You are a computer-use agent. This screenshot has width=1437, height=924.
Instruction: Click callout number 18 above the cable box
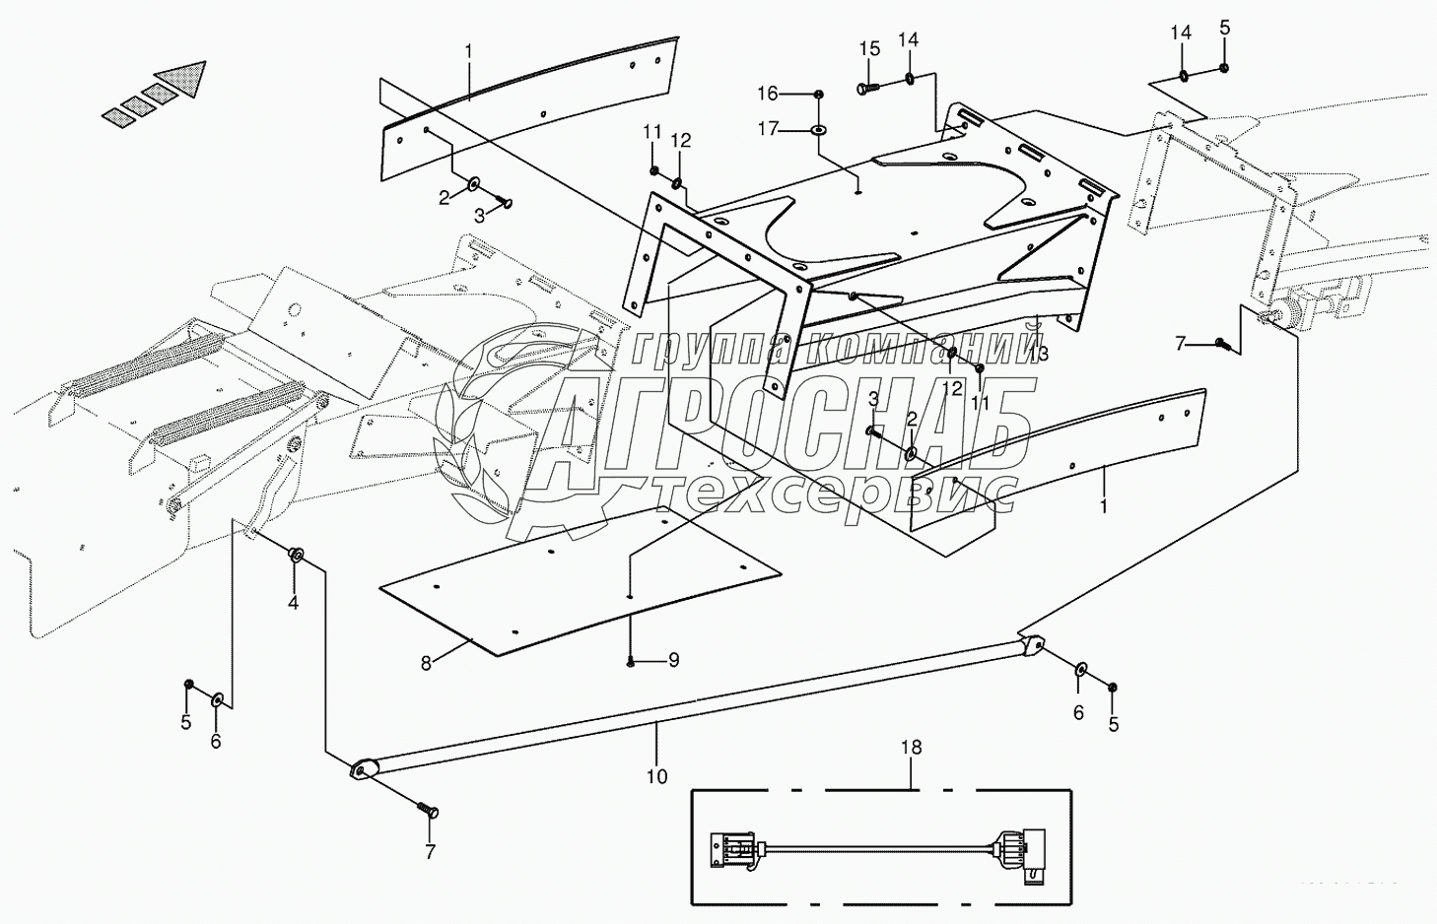(x=912, y=748)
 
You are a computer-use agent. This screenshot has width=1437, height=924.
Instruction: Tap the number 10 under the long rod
(x=656, y=776)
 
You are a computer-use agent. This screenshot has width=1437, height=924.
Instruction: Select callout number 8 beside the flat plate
(x=426, y=663)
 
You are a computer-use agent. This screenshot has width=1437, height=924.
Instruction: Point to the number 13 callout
(x=1038, y=353)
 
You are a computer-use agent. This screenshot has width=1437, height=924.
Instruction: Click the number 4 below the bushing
(x=293, y=603)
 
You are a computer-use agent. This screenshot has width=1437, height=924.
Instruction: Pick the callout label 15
(x=868, y=49)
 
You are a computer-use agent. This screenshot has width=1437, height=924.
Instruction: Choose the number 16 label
(x=768, y=94)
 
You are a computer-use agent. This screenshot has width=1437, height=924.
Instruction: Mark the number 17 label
(x=768, y=128)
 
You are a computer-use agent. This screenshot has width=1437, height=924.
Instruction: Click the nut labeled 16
(x=820, y=94)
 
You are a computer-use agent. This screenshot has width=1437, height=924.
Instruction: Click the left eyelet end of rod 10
(x=362, y=769)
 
